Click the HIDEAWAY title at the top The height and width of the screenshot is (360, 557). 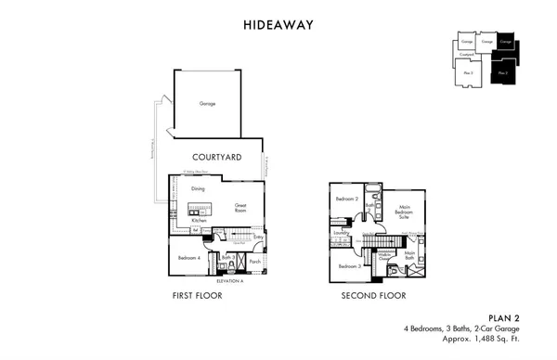pos(278,26)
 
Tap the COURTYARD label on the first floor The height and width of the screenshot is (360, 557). pos(216,158)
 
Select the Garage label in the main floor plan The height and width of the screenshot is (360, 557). pos(208,103)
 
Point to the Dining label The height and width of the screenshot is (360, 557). pos(198,189)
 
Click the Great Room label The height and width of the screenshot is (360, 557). pos(240,208)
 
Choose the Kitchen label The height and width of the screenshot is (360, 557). pos(199,220)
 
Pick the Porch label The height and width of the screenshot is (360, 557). pos(255,262)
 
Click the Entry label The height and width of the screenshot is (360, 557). pos(257,238)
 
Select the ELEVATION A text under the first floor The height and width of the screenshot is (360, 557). pos(228,279)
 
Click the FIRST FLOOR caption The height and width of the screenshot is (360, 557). pos(195,297)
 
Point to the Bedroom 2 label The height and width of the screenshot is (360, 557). pos(346,199)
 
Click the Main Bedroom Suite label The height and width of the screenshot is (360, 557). pos(404,212)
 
